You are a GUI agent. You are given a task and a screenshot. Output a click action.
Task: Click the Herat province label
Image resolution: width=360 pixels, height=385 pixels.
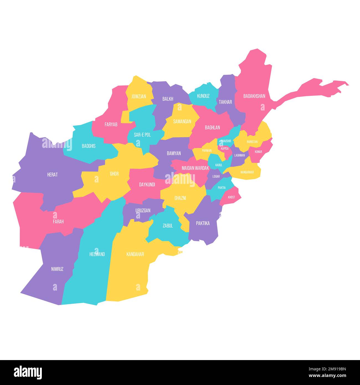[52, 175]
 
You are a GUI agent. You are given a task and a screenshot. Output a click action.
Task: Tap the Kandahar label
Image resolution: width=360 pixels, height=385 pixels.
[135, 254]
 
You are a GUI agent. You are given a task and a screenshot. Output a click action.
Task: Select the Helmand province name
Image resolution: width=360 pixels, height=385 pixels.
[97, 254]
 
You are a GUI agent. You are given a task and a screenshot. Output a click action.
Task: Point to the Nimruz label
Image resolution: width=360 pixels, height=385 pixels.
[57, 269]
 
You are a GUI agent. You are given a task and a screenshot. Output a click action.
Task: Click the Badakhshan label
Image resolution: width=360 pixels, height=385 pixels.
[254, 96]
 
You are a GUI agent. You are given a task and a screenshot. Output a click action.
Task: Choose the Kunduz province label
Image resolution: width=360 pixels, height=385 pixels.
[203, 96]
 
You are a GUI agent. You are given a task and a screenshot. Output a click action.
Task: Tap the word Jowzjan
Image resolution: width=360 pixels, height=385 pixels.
[139, 96]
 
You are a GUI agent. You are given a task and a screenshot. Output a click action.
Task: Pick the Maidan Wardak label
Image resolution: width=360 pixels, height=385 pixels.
[195, 168]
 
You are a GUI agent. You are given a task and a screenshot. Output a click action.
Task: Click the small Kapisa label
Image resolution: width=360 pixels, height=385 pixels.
[225, 148]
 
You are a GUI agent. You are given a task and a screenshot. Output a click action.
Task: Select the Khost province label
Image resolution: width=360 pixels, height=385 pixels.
[232, 197]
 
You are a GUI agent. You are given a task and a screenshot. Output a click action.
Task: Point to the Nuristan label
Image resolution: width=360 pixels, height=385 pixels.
[252, 142]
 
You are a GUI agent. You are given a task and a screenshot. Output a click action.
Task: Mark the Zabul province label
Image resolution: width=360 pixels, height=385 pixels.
[168, 226]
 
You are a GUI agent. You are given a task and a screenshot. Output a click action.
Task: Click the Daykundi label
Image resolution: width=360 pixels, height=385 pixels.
[147, 184]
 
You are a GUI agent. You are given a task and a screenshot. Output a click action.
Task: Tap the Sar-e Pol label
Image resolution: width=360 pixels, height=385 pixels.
[142, 135]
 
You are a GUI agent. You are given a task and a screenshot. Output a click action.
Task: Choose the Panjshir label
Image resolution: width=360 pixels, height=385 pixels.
[226, 141]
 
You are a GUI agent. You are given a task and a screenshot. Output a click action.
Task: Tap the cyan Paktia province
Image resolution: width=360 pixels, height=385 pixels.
[222, 186]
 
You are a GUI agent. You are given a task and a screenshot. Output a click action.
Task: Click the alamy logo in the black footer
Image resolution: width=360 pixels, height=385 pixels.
[28, 373]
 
